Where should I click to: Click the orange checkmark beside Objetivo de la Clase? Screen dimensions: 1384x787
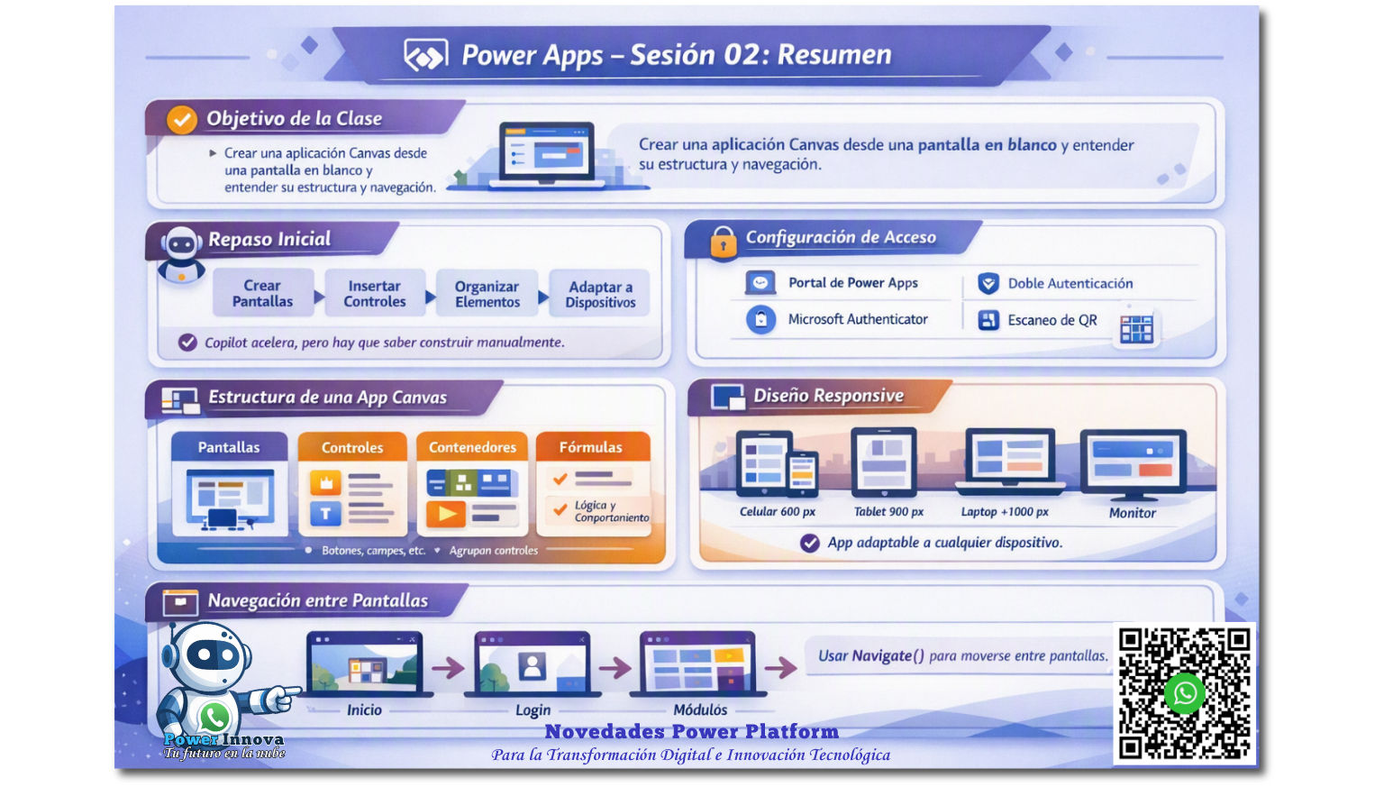[x=182, y=119]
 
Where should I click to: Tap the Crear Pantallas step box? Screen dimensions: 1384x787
[x=262, y=293]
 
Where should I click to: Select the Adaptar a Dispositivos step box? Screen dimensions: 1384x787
[x=600, y=294]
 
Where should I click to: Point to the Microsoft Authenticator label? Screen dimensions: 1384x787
[x=858, y=319]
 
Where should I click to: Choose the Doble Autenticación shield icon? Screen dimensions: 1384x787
[x=988, y=283]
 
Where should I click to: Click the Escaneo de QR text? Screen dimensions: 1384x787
[x=1052, y=320]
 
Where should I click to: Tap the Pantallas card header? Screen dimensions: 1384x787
[x=229, y=447]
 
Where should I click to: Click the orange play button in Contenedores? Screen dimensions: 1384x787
[x=446, y=514]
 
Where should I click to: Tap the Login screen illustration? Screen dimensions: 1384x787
[x=533, y=664]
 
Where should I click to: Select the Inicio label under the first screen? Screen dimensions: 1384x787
[x=364, y=709]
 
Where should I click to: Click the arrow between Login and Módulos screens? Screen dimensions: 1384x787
[x=615, y=668]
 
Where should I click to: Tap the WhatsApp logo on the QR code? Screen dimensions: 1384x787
[x=1185, y=693]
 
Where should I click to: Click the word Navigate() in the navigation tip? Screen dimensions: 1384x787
[x=888, y=656]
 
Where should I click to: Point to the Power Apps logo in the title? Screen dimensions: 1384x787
[x=425, y=56]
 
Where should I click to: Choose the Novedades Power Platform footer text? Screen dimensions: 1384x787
[x=691, y=732]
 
